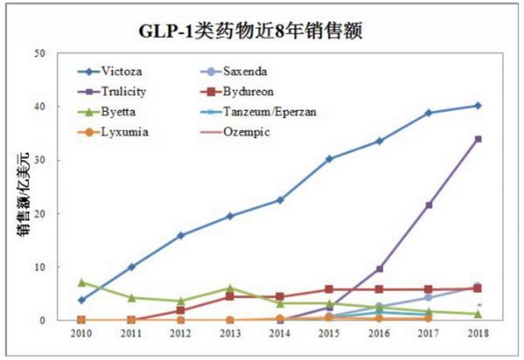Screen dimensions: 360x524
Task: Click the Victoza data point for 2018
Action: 479,106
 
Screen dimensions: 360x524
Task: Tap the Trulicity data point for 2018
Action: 479,139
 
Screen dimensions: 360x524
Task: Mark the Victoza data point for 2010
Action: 81,300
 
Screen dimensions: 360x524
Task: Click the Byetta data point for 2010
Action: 81,282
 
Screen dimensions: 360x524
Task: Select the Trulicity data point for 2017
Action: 429,204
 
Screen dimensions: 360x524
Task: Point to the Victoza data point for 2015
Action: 329,159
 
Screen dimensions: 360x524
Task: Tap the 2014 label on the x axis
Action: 279,333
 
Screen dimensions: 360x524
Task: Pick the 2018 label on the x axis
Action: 479,333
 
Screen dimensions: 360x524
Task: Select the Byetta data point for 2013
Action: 231,287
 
